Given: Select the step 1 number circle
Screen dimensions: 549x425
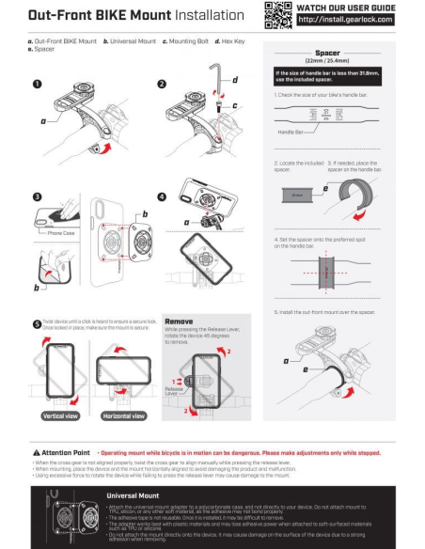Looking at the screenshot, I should (37, 84).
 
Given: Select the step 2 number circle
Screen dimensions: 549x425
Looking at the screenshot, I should (162, 84).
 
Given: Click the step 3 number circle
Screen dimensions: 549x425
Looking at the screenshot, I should (37, 197).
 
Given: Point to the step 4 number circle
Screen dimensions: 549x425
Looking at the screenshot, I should (161, 197).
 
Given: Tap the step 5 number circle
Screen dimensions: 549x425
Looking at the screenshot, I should (37, 323).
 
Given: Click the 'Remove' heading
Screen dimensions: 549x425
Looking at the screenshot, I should (179, 322).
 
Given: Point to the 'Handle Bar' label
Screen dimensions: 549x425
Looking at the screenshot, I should (294, 133).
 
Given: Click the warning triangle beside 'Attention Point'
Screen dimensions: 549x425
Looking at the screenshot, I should (36, 452).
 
